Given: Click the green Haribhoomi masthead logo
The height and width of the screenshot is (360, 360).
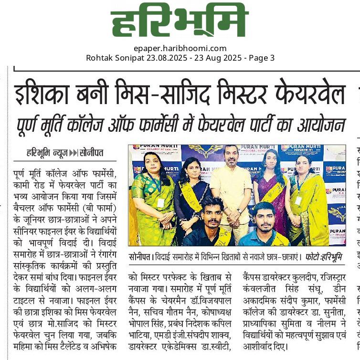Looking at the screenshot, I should pyautogui.click(x=180, y=20).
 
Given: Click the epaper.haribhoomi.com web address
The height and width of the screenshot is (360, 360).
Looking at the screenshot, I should pyautogui.click(x=180, y=48).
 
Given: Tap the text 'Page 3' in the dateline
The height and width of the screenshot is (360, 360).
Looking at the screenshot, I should pyautogui.click(x=261, y=58).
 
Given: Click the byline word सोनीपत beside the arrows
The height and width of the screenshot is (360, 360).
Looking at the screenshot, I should pyautogui.click(x=92, y=153).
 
